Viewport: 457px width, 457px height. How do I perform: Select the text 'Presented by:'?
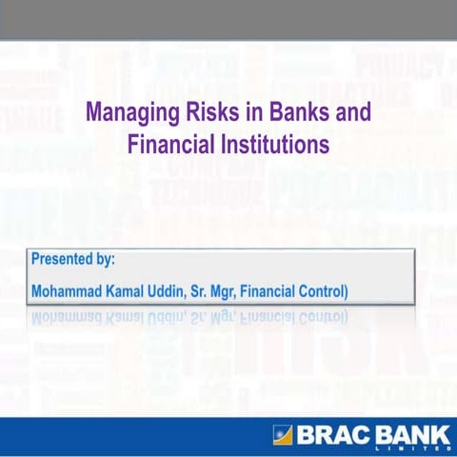pyautogui.click(x=73, y=258)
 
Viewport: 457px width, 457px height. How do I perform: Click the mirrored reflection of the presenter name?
pyautogui.click(x=190, y=315)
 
